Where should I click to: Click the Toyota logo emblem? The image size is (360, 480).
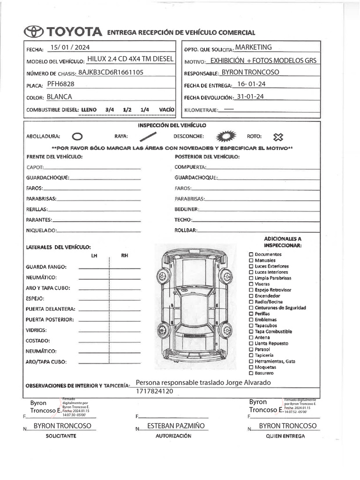tap(34, 32)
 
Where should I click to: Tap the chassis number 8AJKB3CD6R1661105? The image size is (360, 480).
tap(111, 72)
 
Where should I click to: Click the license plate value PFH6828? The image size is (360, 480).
tap(60, 84)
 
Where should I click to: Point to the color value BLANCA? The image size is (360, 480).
tap(60, 97)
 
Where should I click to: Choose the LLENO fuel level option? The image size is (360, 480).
tap(89, 109)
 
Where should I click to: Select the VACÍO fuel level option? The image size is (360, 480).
tap(166, 109)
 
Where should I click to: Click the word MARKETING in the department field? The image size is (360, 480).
tap(253, 47)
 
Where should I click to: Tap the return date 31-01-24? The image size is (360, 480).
tap(251, 97)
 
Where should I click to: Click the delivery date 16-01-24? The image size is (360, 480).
tap(252, 84)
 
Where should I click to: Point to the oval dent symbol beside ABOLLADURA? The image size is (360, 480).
tap(78, 136)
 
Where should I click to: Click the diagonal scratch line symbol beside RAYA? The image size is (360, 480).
tap(148, 136)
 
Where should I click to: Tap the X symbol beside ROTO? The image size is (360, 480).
tap(278, 137)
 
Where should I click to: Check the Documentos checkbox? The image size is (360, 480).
tap(251, 255)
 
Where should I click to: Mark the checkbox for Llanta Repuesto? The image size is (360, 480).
tap(251, 344)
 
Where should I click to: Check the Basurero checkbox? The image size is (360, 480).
tap(251, 373)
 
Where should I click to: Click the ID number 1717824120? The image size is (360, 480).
tap(155, 391)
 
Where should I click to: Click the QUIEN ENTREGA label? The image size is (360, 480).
tap(285, 435)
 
